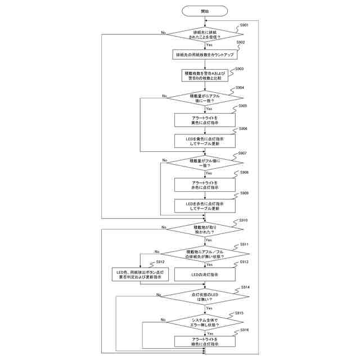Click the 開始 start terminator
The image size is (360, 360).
[204, 11]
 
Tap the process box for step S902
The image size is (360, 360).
[204, 55]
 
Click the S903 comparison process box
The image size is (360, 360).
[204, 75]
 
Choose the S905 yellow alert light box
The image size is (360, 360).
[204, 120]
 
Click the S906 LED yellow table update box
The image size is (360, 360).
[204, 141]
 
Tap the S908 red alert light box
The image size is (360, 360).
[204, 184]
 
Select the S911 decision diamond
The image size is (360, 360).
[204, 254]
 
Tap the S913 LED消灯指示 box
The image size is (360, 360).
[204, 274]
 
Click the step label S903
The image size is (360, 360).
[239, 69]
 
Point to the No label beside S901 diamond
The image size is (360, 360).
[163, 33]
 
